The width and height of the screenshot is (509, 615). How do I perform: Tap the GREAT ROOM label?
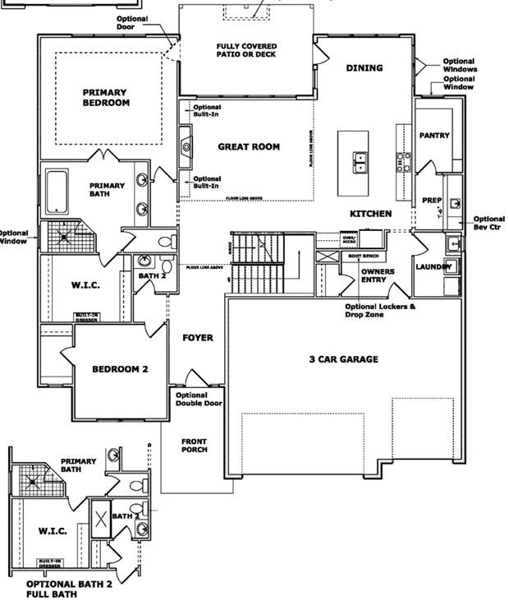tap(248, 146)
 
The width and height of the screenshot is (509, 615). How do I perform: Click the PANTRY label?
tap(434, 135)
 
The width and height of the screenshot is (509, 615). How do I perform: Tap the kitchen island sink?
tap(360, 162)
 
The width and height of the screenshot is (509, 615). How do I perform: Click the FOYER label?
tap(198, 337)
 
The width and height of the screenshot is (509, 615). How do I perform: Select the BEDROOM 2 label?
tap(119, 369)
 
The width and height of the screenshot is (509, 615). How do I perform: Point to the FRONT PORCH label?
tap(194, 445)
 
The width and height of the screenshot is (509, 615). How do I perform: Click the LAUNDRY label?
tap(433, 266)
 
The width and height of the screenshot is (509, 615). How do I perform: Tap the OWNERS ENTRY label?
tap(378, 275)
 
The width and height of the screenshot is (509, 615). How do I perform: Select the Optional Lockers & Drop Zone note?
tap(379, 311)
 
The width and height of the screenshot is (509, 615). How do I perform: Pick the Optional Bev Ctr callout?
tap(490, 222)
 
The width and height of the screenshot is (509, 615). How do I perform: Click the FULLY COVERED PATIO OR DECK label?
tap(246, 50)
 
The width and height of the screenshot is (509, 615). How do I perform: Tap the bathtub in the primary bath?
tap(57, 192)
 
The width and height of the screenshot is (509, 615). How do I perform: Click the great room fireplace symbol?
tap(186, 147)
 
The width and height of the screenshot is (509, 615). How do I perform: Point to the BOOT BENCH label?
tap(364, 257)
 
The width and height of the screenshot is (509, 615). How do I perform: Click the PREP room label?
tap(432, 200)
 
